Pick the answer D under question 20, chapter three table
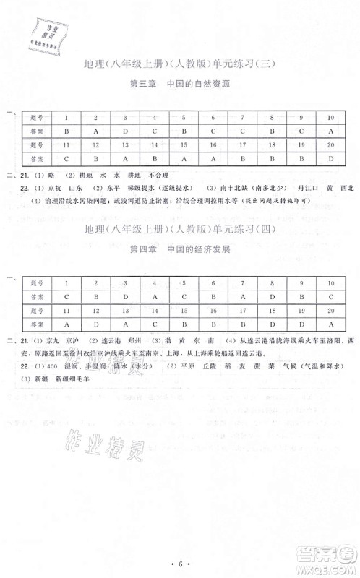click(330, 158)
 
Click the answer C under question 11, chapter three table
click(67, 158)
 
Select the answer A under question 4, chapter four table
click(155, 296)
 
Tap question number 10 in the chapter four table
click(330, 282)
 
